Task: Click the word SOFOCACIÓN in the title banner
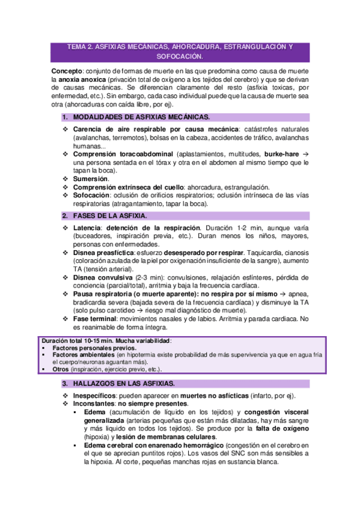180,57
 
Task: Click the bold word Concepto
67,71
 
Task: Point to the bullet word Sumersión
91,179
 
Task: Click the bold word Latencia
88,229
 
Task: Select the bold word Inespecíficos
95,396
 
